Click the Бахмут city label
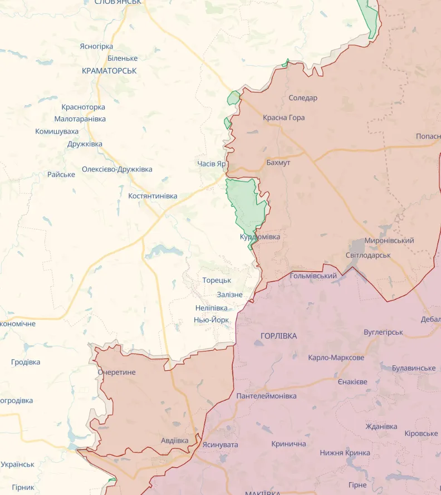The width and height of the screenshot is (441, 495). click(x=278, y=163)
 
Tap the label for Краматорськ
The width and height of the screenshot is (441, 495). click(x=109, y=71)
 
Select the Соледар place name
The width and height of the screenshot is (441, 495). click(x=303, y=98)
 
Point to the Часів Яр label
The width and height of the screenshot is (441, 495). click(x=212, y=164)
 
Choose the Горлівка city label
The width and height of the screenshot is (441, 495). click(x=279, y=336)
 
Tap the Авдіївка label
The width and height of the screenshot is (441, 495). click(x=174, y=440)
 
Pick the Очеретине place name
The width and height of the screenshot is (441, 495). click(x=116, y=372)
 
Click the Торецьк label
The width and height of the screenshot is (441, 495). click(x=217, y=280)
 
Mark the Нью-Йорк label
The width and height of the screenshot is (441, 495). click(x=211, y=320)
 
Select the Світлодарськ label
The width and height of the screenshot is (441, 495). click(x=368, y=255)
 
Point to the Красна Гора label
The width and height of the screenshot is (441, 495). click(x=284, y=117)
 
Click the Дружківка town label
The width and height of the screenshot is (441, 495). click(x=85, y=144)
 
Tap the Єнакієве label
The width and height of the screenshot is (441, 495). click(x=352, y=382)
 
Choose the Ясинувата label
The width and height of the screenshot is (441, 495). click(x=220, y=444)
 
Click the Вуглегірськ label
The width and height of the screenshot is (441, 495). click(x=383, y=332)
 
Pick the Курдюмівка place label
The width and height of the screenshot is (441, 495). click(x=260, y=237)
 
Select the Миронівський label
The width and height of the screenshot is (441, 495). click(x=389, y=241)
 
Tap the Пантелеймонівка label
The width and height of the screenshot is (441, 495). click(x=266, y=396)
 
